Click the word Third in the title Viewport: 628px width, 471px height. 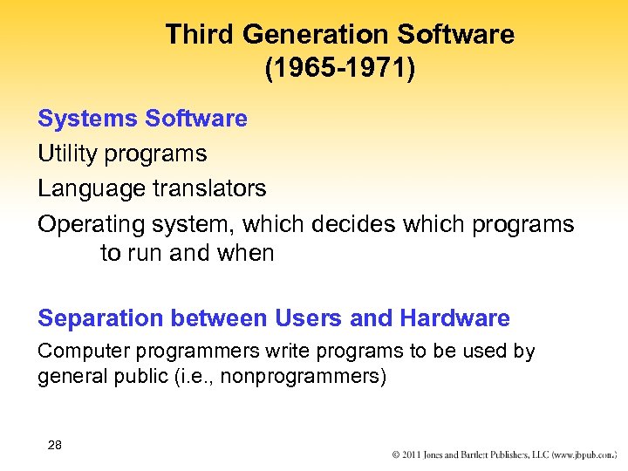(201, 35)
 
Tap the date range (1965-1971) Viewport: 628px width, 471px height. (340, 69)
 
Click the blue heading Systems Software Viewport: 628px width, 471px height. (142, 119)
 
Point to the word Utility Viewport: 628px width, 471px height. (66, 154)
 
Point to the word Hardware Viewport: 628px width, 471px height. (454, 319)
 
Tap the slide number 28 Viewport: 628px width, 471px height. (55, 446)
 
